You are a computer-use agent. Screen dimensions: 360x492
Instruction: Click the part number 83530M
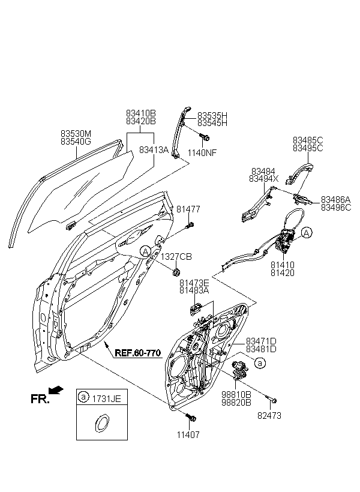point(76,134)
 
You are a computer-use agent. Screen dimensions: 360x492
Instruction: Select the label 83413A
point(154,150)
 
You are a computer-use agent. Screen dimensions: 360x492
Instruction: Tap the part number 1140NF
point(202,153)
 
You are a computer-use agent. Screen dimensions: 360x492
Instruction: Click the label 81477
point(188,209)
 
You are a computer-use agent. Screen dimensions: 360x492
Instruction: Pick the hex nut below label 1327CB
point(176,271)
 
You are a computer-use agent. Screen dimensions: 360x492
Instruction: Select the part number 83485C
point(308,140)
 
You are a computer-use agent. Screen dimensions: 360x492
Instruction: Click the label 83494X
point(263,179)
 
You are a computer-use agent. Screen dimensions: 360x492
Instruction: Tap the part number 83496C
point(336,208)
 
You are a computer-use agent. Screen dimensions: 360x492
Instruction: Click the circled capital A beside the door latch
point(307,233)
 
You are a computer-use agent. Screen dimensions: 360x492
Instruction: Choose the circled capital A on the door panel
point(145,251)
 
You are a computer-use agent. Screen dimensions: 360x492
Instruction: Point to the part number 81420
point(283,273)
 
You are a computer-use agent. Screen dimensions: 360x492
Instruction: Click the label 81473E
point(194,283)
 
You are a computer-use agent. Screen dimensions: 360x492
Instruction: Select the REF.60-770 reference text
point(138,353)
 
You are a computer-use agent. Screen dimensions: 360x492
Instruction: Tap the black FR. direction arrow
point(56,391)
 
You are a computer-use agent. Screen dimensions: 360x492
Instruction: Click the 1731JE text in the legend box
point(106,399)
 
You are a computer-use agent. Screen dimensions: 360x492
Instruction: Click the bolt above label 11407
point(191,418)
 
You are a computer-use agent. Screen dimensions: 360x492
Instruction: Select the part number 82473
point(269,416)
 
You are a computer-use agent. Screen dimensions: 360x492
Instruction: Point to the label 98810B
point(236,395)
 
